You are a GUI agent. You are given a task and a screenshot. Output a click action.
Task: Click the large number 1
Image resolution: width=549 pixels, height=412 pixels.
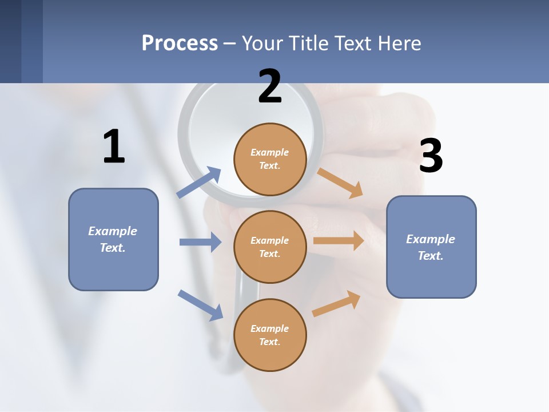pos(114,146)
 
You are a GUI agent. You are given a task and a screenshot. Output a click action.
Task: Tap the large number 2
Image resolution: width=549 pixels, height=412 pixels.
pos(270,86)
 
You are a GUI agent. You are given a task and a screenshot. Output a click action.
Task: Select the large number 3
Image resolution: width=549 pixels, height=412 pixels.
pos(431,156)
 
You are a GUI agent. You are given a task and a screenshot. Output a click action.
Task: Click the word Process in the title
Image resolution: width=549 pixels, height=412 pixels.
pos(180,43)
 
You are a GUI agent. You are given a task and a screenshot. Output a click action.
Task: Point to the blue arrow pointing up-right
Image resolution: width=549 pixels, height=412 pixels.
pos(199,183)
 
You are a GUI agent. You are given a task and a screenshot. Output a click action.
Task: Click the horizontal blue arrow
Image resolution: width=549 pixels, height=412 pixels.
pos(200,242)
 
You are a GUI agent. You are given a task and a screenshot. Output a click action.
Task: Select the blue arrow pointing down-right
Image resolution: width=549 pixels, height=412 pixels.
pos(200,305)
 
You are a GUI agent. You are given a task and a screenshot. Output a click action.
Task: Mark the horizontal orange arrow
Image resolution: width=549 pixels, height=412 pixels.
pos(339,241)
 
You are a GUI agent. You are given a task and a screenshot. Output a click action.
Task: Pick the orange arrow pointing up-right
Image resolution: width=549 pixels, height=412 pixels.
pos(336,304)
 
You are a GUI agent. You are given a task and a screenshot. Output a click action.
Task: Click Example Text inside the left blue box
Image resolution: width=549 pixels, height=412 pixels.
pos(113,239)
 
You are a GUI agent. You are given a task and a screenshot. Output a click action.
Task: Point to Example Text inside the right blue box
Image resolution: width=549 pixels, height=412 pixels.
pos(431,247)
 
